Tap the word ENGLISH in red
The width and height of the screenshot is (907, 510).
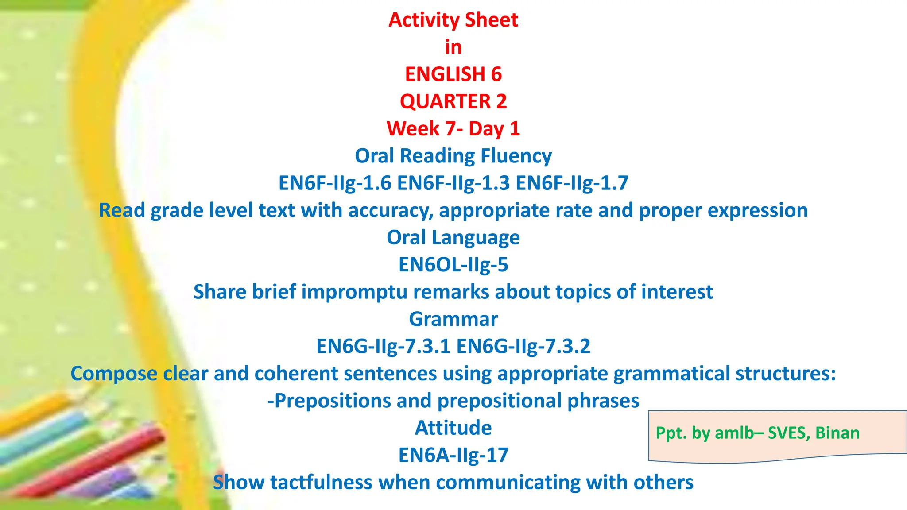click(x=445, y=74)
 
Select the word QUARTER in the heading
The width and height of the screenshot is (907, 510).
click(x=445, y=101)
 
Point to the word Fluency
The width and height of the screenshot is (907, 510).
click(x=516, y=156)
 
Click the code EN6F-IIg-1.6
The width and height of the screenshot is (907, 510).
click(x=335, y=183)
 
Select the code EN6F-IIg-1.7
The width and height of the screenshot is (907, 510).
click(x=572, y=183)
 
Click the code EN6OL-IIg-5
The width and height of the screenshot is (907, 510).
click(x=453, y=265)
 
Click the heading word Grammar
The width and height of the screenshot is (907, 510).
click(x=453, y=319)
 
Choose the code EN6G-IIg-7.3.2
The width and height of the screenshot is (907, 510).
click(x=523, y=346)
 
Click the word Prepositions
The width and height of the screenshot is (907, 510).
click(x=329, y=401)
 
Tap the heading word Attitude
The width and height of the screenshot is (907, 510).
click(x=453, y=428)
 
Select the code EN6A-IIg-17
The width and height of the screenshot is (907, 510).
click(x=453, y=455)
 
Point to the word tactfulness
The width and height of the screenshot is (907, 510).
click(x=321, y=483)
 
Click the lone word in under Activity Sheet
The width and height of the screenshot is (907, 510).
click(x=453, y=47)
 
